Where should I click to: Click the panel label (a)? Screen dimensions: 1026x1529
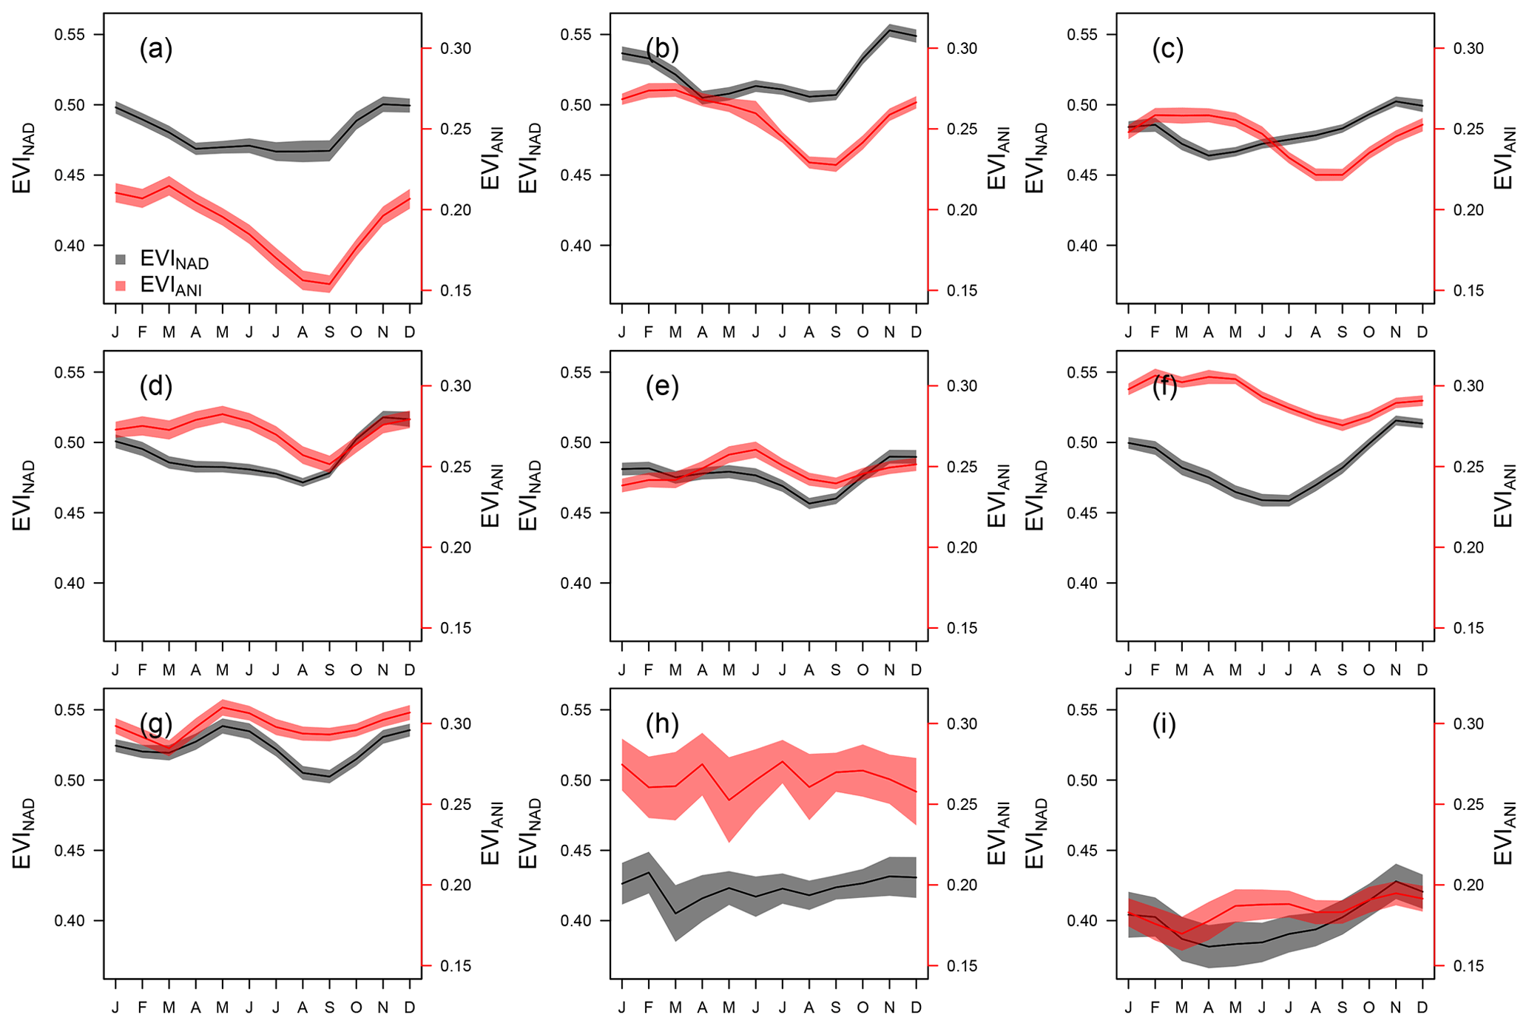(155, 50)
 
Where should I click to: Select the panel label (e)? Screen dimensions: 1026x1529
(662, 387)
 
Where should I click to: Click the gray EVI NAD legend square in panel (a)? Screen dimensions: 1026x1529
(122, 260)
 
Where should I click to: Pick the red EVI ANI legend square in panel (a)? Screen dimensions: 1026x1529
(122, 286)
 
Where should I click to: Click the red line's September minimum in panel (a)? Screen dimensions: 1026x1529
(329, 284)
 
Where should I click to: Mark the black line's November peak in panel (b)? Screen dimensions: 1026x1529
(889, 31)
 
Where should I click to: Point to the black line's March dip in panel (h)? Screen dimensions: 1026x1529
(675, 913)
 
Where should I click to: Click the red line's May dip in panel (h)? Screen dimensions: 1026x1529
(729, 800)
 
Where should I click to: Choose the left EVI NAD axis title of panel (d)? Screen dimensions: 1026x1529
(22, 496)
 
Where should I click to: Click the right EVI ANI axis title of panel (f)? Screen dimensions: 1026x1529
(1505, 496)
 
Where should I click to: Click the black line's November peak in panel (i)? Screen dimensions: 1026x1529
(1396, 882)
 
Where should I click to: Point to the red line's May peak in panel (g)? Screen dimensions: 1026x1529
(223, 707)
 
